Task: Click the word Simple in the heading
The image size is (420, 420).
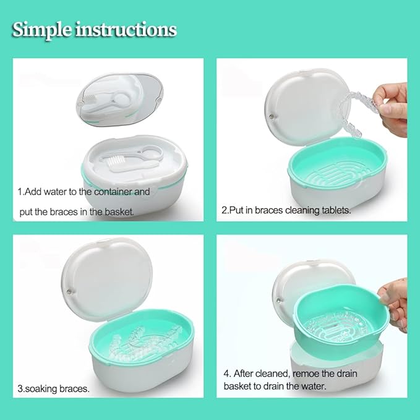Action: [x=42, y=30]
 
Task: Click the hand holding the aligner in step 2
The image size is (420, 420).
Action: [x=392, y=109]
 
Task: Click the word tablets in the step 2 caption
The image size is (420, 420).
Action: [x=333, y=210]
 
